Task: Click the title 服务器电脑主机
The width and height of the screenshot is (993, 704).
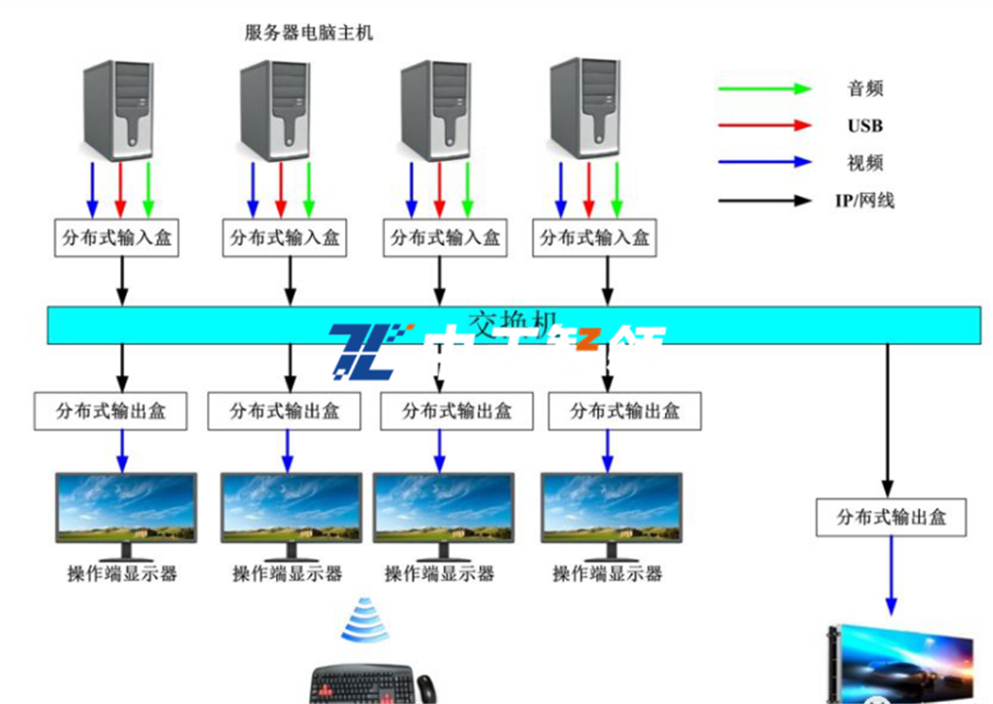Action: click(308, 33)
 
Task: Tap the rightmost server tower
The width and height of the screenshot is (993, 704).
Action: click(586, 108)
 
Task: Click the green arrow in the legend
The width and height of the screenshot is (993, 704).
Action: click(765, 89)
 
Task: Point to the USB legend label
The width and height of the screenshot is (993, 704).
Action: click(864, 126)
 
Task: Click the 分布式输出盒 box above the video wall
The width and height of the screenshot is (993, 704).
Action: click(891, 517)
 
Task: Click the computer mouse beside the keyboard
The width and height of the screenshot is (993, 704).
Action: click(426, 686)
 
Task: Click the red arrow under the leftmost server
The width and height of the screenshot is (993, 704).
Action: click(121, 190)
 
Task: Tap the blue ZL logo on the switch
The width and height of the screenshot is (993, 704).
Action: click(363, 352)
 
